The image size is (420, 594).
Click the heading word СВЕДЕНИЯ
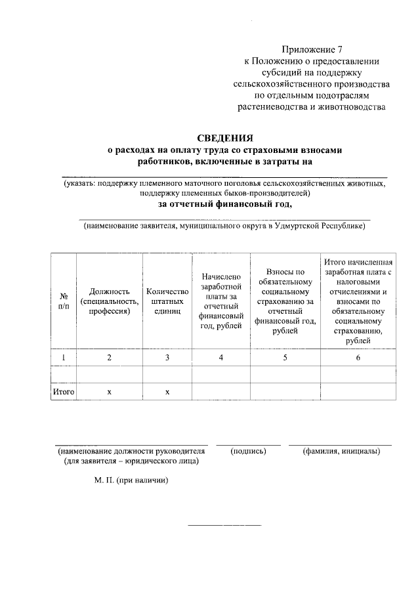pos(225,138)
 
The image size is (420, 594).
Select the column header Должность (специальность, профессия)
pos(110,301)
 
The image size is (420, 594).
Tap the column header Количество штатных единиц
pos(167,301)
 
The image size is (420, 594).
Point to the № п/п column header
pos(64,301)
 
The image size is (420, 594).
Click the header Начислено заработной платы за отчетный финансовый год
pos(221,301)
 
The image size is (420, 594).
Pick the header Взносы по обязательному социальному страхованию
pos(285,301)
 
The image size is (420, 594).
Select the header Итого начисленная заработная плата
pos(358,301)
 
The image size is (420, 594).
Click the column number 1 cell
pos(64,357)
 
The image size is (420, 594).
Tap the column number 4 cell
pos(221,357)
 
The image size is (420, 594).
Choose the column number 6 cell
pos(358,357)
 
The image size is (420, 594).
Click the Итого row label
pos(64,392)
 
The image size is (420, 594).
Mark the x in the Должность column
pos(110,392)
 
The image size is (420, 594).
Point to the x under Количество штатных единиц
pos(167,392)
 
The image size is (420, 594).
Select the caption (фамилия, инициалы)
pos(341,452)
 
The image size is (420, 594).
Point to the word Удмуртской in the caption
pos(298,226)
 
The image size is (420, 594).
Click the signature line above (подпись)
pos(248,445)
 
